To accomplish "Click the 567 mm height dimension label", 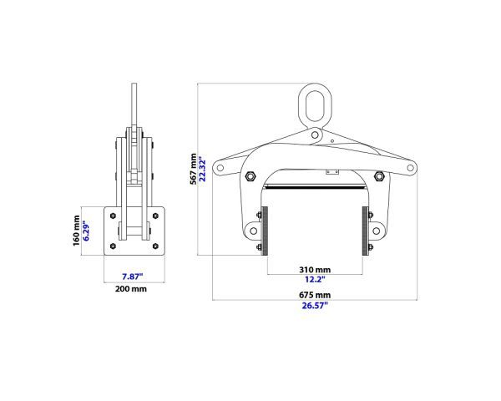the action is pyautogui.click(x=194, y=169).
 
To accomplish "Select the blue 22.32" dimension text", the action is pyautogui.click(x=203, y=169).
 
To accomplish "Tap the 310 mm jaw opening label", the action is pyautogui.click(x=315, y=270).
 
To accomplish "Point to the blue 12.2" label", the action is pyautogui.click(x=315, y=279).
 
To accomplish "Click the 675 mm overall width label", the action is pyautogui.click(x=315, y=295).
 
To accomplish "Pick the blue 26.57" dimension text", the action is pyautogui.click(x=315, y=306).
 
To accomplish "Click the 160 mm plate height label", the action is pyautogui.click(x=76, y=231).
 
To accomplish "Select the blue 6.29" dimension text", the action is pyautogui.click(x=86, y=231).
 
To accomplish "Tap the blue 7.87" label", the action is pyautogui.click(x=132, y=277).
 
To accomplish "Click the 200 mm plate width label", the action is pyautogui.click(x=131, y=289).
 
